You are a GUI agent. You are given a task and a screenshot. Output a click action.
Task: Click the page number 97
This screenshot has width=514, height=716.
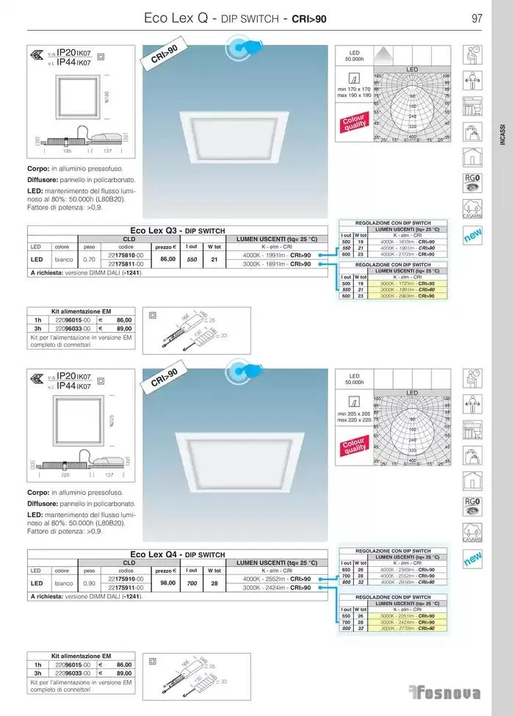tap(477, 18)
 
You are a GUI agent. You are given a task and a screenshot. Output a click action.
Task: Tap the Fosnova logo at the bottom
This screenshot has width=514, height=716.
tap(445, 693)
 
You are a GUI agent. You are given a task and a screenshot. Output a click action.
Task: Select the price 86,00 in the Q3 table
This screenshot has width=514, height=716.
tap(168, 258)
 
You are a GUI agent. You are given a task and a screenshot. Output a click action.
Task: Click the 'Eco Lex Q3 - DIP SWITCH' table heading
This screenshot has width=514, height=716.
tap(177, 231)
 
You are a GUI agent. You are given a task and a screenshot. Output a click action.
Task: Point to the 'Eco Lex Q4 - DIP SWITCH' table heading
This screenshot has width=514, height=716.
tap(177, 554)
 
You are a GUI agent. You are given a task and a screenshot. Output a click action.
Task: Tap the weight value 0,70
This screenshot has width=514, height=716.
tap(90, 259)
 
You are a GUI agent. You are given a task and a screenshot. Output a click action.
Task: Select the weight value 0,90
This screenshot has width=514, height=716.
tap(90, 583)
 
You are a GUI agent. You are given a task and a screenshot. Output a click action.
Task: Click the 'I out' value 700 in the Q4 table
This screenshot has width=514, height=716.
tap(192, 583)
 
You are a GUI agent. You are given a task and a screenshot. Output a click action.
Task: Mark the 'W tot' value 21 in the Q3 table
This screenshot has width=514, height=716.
tap(214, 259)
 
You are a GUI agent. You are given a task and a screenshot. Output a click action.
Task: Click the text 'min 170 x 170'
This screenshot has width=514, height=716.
tap(354, 89)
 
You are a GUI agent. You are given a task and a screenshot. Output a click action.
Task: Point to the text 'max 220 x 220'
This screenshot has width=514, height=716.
tap(354, 420)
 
